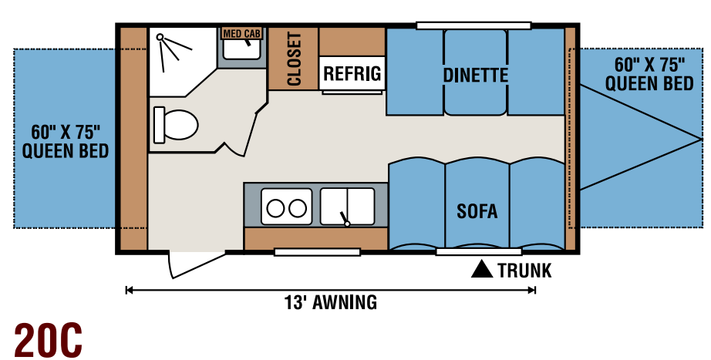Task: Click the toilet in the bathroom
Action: (x=176, y=125)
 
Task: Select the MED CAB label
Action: (x=241, y=34)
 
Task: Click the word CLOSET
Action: (x=294, y=59)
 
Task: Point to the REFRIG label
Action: (x=352, y=73)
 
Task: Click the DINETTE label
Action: (x=475, y=76)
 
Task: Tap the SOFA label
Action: (x=477, y=211)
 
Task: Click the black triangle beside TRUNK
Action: (x=481, y=269)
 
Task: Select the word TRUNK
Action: (x=524, y=271)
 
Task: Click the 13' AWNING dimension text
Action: (x=331, y=302)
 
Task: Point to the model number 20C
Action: (x=48, y=340)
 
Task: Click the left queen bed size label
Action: (x=66, y=142)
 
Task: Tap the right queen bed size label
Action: (x=649, y=74)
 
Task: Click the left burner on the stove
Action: (x=275, y=208)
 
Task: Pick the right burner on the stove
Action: (x=298, y=208)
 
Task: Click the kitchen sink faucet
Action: (x=344, y=218)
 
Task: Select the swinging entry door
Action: (x=195, y=264)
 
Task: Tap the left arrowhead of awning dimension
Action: (x=129, y=290)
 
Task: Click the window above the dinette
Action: (x=473, y=25)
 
